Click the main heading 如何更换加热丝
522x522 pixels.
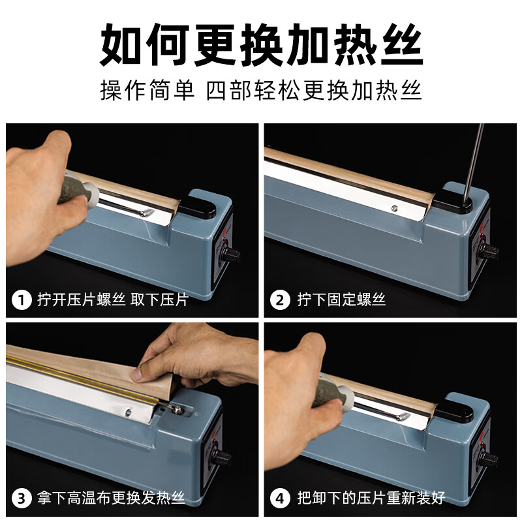coord(261,46)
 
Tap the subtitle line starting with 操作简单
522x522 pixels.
coord(261,90)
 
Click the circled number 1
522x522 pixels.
coord(22,300)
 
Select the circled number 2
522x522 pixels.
coord(280,300)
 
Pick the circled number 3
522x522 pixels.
coord(22,499)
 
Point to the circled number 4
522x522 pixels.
coord(280,499)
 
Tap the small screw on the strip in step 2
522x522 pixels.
coord(394,209)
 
